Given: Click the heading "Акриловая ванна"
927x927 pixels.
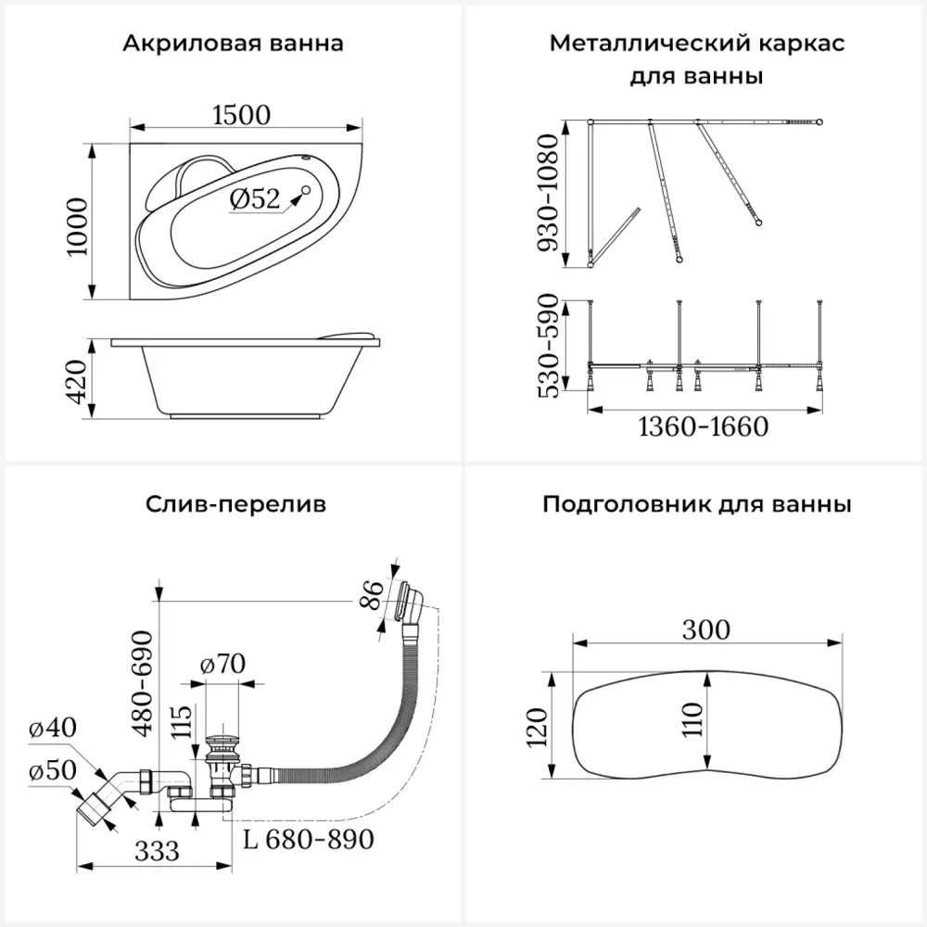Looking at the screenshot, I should (233, 44).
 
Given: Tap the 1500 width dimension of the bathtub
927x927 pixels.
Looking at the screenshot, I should (241, 114).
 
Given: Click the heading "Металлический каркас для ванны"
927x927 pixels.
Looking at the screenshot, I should (696, 59).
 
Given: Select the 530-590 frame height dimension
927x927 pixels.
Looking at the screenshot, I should (549, 345).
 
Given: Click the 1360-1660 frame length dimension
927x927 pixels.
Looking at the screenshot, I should (705, 427).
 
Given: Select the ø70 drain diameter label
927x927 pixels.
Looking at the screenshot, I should (222, 664).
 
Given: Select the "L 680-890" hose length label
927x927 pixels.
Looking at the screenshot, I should (310, 840).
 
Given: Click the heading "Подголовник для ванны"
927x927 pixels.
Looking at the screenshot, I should (696, 505).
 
